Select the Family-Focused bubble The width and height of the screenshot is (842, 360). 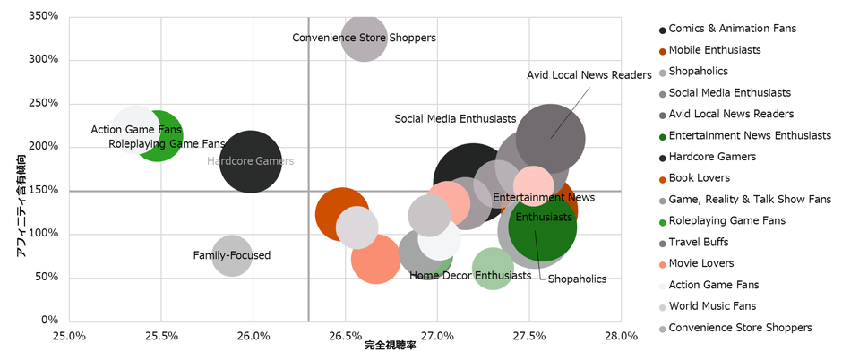pyautogui.click(x=232, y=256)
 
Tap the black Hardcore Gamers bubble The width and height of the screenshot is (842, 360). pyautogui.click(x=252, y=161)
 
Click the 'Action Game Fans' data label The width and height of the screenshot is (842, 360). pyautogui.click(x=136, y=130)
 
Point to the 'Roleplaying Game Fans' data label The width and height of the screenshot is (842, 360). pyautogui.click(x=167, y=143)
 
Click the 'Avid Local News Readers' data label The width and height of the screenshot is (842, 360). pyautogui.click(x=589, y=75)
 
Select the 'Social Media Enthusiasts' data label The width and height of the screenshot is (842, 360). pyautogui.click(x=455, y=119)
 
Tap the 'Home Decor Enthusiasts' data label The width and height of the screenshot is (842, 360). pyautogui.click(x=470, y=276)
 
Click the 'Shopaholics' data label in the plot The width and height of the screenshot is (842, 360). pyautogui.click(x=577, y=279)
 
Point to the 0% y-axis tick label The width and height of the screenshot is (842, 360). pyautogui.click(x=50, y=321)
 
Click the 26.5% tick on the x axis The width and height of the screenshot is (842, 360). pyautogui.click(x=345, y=337)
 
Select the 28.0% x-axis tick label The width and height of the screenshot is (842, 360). pyautogui.click(x=620, y=337)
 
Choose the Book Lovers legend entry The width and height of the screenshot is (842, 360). pyautogui.click(x=699, y=178)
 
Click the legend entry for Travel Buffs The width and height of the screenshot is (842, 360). pyautogui.click(x=698, y=243)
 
